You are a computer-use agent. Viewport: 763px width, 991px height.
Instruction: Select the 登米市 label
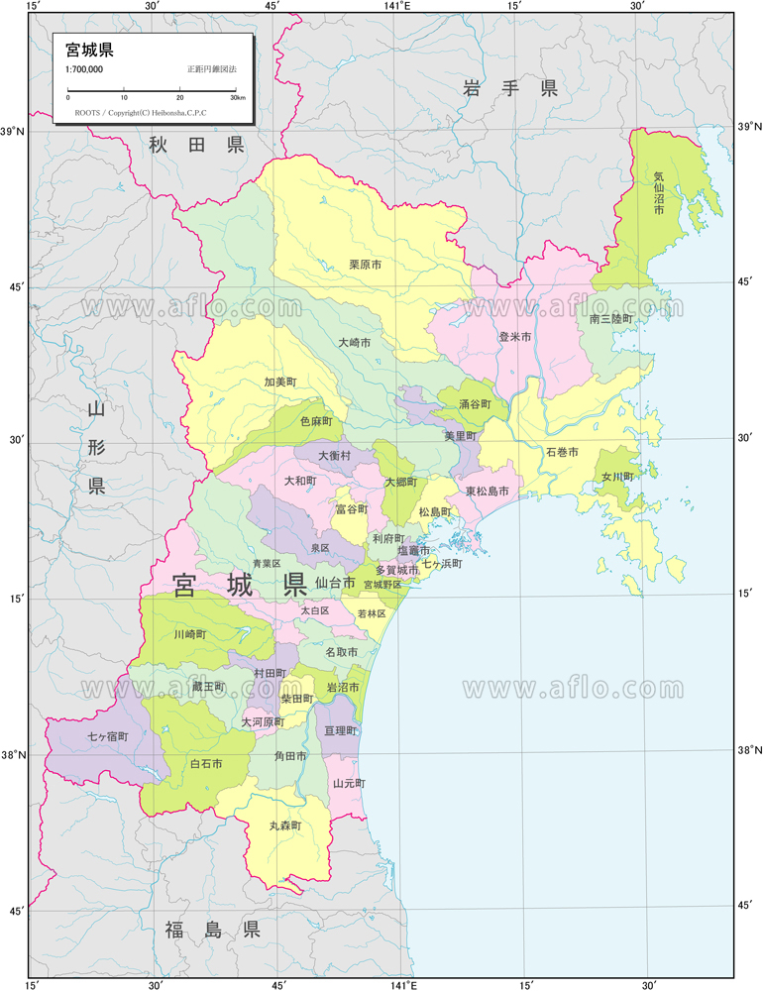pyautogui.click(x=515, y=337)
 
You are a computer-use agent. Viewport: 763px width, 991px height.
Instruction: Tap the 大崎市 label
pyautogui.click(x=354, y=342)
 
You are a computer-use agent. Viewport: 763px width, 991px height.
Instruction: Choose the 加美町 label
pyautogui.click(x=280, y=382)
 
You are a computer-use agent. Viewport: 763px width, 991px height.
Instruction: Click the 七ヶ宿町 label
pyautogui.click(x=108, y=737)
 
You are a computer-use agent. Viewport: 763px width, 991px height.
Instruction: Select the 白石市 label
pyautogui.click(x=206, y=764)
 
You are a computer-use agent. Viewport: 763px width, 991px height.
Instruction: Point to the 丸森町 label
pyautogui.click(x=284, y=825)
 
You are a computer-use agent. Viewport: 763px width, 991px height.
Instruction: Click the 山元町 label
pyautogui.click(x=349, y=783)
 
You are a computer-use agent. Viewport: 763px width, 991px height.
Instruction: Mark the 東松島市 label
pyautogui.click(x=488, y=491)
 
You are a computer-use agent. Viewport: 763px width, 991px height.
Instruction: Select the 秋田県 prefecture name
pyautogui.click(x=196, y=146)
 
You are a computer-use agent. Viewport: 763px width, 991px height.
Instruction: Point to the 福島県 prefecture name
pyautogui.click(x=212, y=930)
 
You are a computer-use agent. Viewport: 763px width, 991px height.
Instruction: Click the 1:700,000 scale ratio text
pyautogui.click(x=84, y=69)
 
